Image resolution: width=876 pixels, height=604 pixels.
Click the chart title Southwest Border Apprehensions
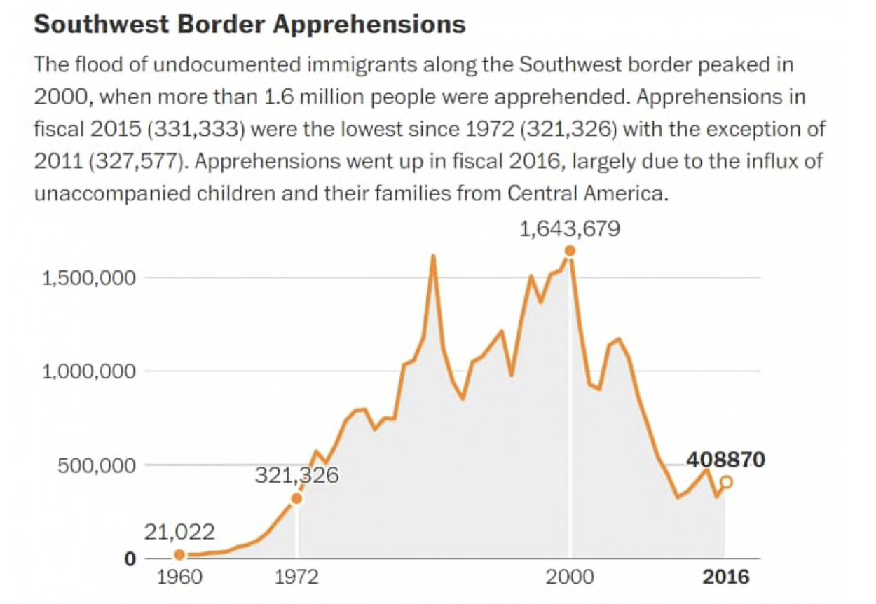point(249,25)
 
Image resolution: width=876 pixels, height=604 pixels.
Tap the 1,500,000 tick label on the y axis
point(88,278)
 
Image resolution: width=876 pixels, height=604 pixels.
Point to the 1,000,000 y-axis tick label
point(88,371)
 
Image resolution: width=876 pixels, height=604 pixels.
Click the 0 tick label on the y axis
point(129,558)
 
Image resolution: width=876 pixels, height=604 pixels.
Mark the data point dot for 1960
point(179,555)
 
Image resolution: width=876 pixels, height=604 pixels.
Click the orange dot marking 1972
point(296,498)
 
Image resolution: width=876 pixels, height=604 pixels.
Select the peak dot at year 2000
point(570,251)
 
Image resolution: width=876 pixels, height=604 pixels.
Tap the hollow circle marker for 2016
point(727,481)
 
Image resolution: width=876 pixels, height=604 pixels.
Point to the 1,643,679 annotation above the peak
point(570,229)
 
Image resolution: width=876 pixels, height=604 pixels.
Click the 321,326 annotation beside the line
point(296,476)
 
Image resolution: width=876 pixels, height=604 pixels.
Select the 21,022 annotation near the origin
point(179,532)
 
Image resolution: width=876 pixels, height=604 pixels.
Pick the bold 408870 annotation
point(725,460)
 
